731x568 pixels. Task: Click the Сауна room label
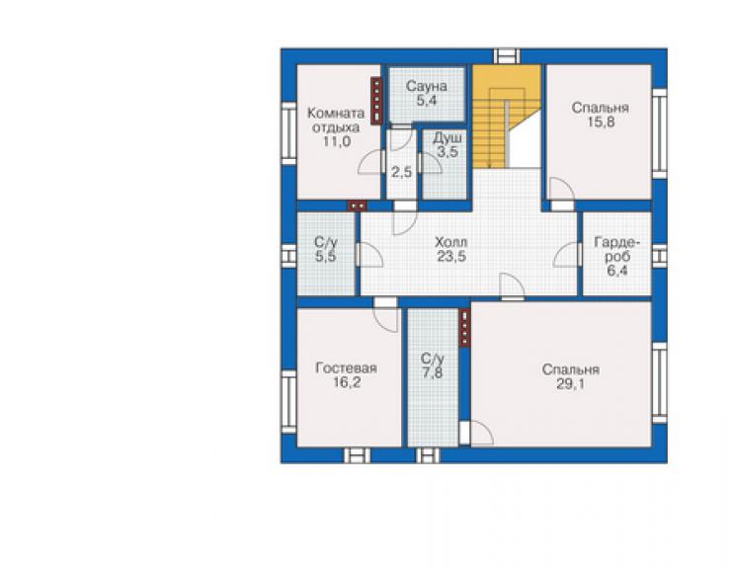tap(426, 86)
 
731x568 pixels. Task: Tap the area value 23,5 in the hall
tap(451, 256)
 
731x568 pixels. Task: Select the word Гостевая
tap(347, 368)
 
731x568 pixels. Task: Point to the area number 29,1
tap(571, 384)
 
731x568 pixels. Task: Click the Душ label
tap(447, 138)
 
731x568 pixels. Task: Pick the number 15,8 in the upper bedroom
tap(601, 122)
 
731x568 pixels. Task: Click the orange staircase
tap(507, 117)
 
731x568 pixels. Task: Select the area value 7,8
tap(433, 373)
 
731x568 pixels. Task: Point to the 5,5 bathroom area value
tap(325, 256)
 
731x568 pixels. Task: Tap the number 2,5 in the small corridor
tap(401, 173)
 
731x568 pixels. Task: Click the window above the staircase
tap(507, 56)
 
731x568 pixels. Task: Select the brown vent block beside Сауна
tap(376, 101)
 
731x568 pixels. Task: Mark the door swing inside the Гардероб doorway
tap(566, 255)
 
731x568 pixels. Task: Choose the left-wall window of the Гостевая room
tap(289, 402)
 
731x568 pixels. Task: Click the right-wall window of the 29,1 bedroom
tap(659, 383)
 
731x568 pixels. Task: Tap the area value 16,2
tap(347, 383)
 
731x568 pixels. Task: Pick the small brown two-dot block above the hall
tap(358, 205)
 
